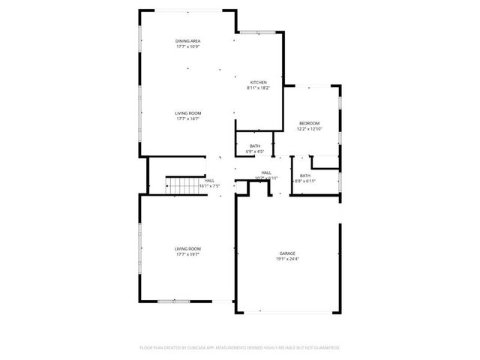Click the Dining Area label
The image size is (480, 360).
(188, 40)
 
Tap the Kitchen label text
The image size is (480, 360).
(258, 82)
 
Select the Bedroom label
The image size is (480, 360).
(309, 123)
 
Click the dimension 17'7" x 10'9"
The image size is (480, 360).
(188, 46)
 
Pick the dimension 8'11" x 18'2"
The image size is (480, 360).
(258, 88)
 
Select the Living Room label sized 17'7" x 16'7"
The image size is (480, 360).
(188, 112)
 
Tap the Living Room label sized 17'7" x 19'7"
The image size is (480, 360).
(188, 248)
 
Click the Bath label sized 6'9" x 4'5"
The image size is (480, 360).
(255, 145)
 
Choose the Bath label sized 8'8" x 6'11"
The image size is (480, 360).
(304, 175)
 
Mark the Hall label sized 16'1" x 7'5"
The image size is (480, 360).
(209, 180)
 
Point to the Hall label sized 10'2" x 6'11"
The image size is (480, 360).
(266, 172)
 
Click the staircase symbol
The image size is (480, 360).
(180, 184)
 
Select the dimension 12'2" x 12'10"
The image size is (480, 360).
(309, 129)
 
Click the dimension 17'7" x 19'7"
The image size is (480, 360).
(188, 254)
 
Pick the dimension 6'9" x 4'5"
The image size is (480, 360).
(255, 151)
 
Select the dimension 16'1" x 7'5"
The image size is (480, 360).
(209, 185)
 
